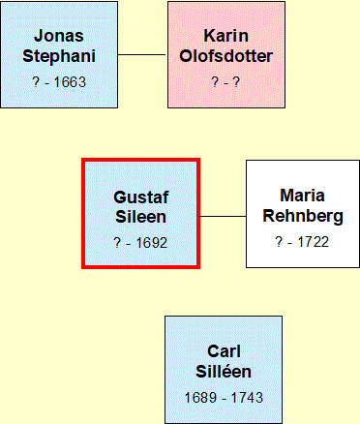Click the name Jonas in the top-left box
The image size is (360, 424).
59,36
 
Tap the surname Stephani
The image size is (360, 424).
59,56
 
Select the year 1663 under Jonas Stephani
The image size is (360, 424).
70,82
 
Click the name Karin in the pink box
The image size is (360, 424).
226,36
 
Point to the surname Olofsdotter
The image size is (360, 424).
226,56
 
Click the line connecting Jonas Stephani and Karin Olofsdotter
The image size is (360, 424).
142,54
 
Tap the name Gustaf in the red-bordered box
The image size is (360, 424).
141,197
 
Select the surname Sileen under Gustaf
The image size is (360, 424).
141,217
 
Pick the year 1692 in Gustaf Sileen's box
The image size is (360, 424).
152,243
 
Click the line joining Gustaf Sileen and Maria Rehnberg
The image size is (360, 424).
223,216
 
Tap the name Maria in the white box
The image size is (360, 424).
302,196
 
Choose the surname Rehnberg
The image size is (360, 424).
303,216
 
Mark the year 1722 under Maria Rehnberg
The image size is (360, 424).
313,242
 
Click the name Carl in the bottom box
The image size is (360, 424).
224,351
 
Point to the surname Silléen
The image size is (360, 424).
224,371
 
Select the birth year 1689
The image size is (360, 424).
200,398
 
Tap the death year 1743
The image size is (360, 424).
247,398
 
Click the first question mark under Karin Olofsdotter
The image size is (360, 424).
215,82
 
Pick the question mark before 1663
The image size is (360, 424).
36,82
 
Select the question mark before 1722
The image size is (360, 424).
280,242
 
